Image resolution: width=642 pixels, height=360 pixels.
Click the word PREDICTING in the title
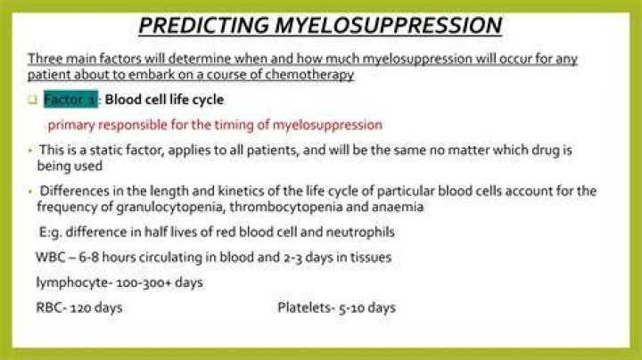(x=203, y=25)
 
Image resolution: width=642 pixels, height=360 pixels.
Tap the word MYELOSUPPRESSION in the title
(x=389, y=25)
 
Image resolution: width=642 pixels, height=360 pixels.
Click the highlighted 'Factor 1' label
(x=70, y=100)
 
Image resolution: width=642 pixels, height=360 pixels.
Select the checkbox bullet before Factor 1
(x=33, y=100)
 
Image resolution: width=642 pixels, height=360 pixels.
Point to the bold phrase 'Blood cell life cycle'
(x=164, y=100)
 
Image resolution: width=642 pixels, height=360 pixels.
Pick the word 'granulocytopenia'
(x=170, y=207)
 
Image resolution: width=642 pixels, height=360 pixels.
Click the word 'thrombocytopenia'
(x=286, y=207)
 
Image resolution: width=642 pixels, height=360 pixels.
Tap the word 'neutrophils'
(x=360, y=233)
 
